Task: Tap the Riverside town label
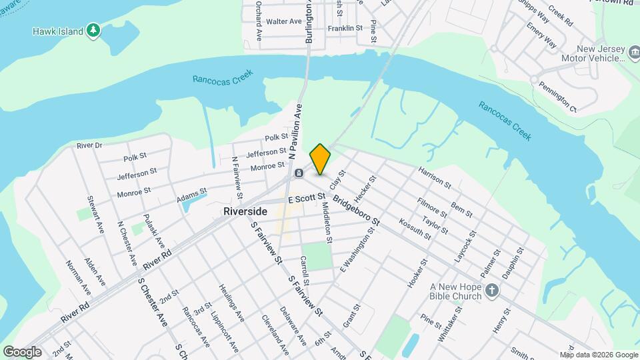pos(245,211)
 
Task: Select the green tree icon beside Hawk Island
pos(94,31)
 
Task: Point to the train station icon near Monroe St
pos(299,173)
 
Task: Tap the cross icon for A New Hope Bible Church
pos(491,290)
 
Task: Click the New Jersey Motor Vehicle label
pos(600,53)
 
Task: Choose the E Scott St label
pos(306,198)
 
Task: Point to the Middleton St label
pos(327,223)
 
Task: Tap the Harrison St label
pos(435,176)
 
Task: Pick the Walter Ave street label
pos(284,21)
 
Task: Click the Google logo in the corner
pos(22,351)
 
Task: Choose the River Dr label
pos(89,145)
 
